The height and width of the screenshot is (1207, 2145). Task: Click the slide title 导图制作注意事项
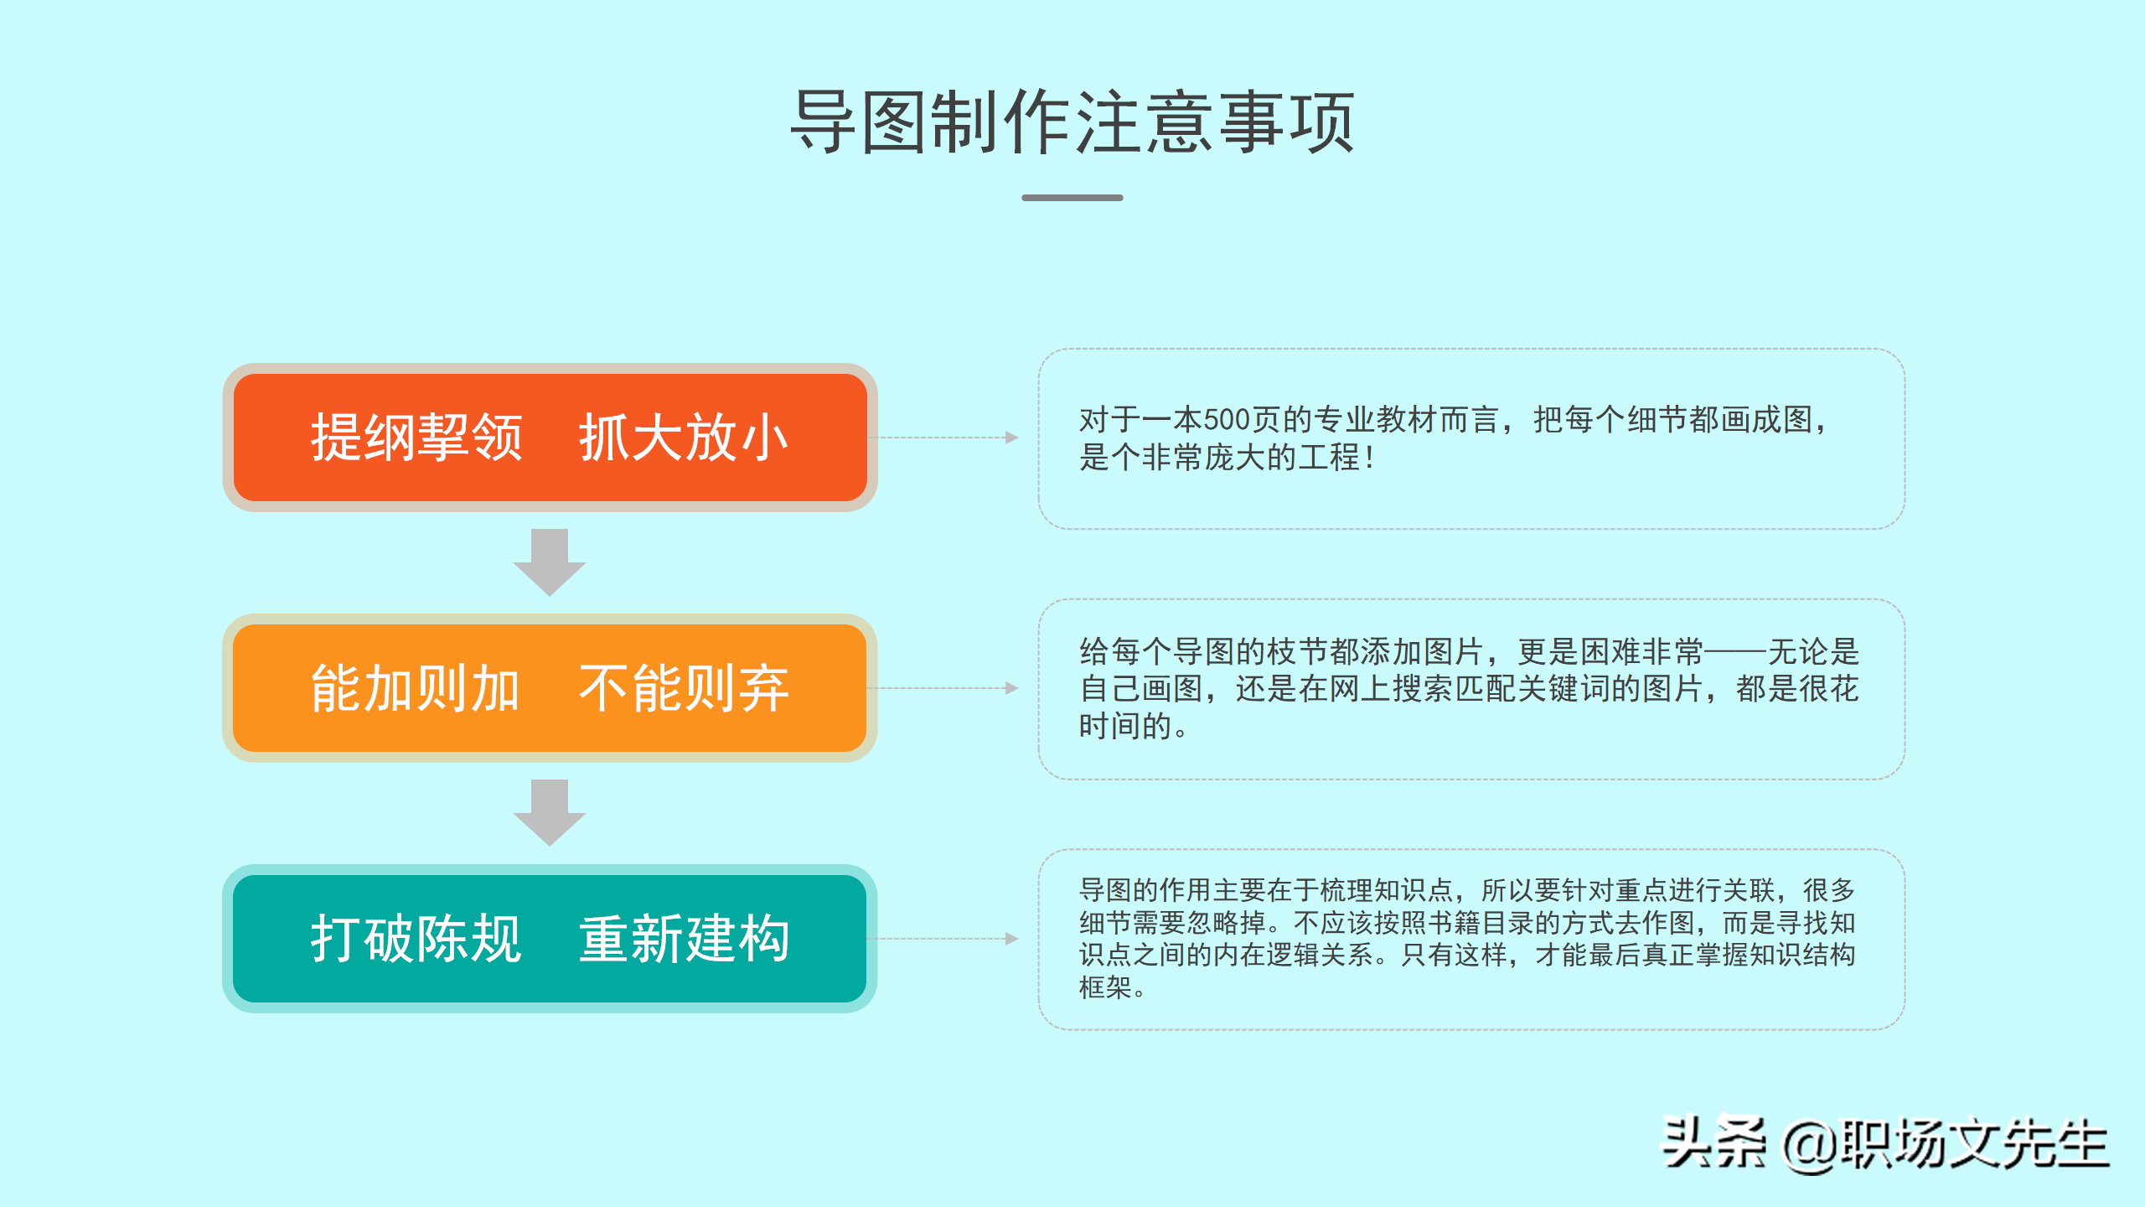click(1072, 122)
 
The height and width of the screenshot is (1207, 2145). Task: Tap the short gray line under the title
click(1072, 198)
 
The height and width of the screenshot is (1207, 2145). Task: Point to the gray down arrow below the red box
click(550, 562)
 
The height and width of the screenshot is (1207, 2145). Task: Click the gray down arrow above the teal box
click(550, 812)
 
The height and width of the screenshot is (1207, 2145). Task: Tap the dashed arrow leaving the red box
click(947, 438)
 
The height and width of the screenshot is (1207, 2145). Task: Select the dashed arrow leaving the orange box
click(947, 688)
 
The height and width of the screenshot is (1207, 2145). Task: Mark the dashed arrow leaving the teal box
click(947, 939)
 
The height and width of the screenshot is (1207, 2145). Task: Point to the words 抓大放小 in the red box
click(684, 438)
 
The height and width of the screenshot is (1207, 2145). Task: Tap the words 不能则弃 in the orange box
click(684, 688)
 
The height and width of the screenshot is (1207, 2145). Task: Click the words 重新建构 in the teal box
click(684, 939)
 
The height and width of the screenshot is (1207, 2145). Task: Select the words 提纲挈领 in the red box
click(416, 438)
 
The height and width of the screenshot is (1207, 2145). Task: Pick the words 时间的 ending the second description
click(1124, 726)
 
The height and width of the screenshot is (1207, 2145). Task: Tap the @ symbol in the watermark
click(1810, 1146)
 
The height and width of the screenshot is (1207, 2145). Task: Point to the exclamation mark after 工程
click(1369, 458)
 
